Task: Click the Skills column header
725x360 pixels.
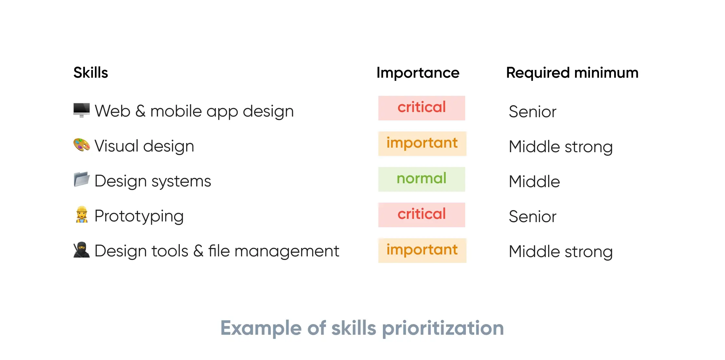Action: tap(90, 73)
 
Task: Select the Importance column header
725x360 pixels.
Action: tap(418, 73)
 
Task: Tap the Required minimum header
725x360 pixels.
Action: tap(572, 73)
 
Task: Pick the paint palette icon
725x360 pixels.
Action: tap(81, 145)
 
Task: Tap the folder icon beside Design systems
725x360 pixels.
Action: tap(81, 179)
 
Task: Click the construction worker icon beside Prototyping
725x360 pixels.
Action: tap(82, 215)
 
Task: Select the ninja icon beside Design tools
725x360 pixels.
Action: tap(81, 250)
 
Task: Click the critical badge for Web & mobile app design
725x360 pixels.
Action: tap(421, 108)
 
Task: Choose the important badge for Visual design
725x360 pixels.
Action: tap(422, 144)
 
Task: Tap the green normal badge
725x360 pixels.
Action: tap(421, 179)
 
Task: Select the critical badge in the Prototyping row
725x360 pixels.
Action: tap(421, 215)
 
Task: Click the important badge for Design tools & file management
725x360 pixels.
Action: tap(422, 251)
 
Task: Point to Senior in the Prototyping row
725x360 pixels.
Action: tap(532, 216)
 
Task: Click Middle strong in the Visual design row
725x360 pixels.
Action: tap(560, 147)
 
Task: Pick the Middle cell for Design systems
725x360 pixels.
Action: tap(534, 181)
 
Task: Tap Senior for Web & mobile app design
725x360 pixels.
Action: tap(532, 112)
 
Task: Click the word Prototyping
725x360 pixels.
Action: tap(139, 216)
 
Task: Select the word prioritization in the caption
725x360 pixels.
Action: tap(443, 328)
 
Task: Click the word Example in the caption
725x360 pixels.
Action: tap(261, 328)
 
